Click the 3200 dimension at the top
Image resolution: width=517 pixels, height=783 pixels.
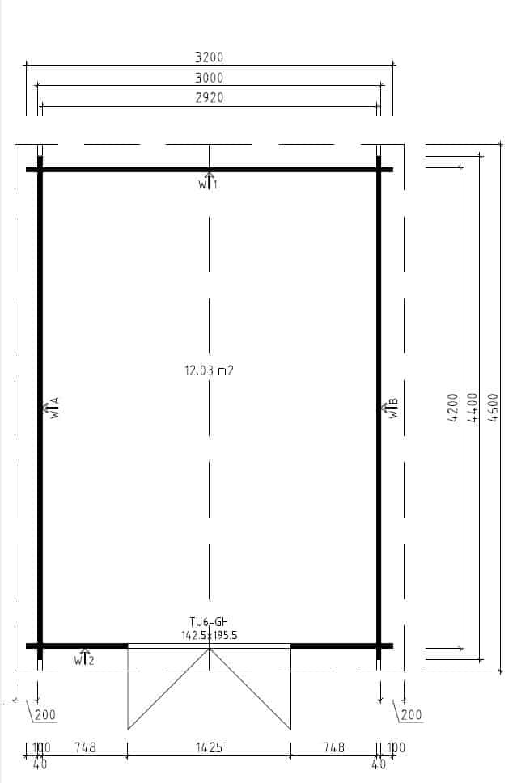(209, 57)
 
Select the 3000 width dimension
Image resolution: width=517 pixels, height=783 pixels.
(209, 78)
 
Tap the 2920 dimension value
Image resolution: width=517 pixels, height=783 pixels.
(209, 97)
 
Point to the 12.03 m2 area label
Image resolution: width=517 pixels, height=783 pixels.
(209, 370)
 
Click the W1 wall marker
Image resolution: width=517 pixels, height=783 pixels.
(208, 182)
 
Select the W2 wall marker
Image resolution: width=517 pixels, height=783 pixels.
(84, 658)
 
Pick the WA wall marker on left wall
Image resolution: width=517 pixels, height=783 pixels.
(52, 408)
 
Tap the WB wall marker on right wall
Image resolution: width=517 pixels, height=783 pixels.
(390, 408)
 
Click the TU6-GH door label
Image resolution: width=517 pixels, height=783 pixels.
(209, 622)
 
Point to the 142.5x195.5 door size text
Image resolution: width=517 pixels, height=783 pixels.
(209, 635)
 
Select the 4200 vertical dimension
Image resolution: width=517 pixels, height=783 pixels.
(452, 408)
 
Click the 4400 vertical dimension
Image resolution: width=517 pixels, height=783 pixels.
(473, 408)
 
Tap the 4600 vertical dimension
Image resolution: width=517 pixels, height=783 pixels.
(493, 408)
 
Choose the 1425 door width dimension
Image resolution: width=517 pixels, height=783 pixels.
(209, 747)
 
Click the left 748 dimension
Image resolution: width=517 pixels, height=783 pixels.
(85, 747)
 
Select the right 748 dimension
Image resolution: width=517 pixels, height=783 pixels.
(333, 747)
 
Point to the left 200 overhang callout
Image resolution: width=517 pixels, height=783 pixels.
(45, 714)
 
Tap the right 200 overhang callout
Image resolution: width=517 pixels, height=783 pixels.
(411, 714)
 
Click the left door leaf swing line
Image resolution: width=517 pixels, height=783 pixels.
(168, 689)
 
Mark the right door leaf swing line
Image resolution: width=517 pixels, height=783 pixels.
(250, 689)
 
